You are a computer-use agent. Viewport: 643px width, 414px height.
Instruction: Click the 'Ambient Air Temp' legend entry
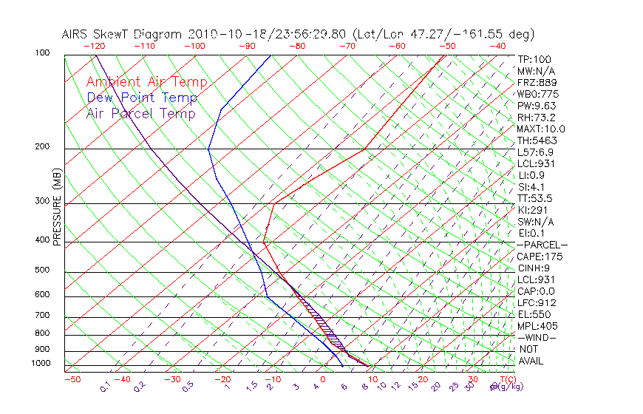pyautogui.click(x=146, y=82)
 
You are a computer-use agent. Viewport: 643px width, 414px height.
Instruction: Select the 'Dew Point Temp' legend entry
pyautogui.click(x=142, y=98)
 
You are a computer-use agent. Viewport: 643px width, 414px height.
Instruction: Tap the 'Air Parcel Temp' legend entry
pyautogui.click(x=140, y=113)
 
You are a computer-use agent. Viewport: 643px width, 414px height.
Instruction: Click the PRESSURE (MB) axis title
pyautogui.click(x=56, y=207)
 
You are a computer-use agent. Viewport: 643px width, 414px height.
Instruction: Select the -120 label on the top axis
pyautogui.click(x=94, y=46)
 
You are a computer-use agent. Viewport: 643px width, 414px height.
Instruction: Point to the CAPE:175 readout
pyautogui.click(x=539, y=257)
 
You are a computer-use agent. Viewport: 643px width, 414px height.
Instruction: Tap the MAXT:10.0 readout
pyautogui.click(x=541, y=129)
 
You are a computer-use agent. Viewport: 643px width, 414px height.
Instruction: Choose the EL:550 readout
pyautogui.click(x=534, y=314)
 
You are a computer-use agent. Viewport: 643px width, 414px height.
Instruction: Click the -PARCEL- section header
pyautogui.click(x=542, y=245)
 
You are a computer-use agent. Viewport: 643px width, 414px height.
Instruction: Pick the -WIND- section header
pyautogui.click(x=537, y=337)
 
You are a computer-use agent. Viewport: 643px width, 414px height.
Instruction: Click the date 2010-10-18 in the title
pyautogui.click(x=222, y=34)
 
